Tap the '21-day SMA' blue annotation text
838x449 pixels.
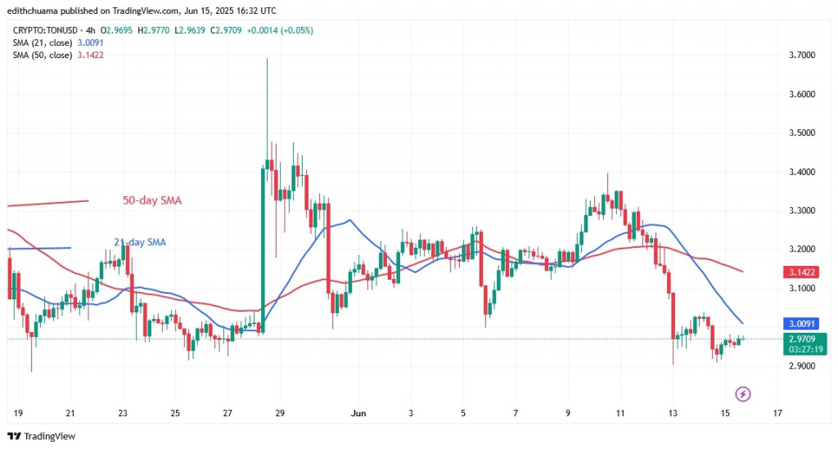(x=142, y=242)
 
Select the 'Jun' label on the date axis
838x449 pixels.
(x=357, y=415)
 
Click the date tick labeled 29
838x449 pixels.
(x=279, y=415)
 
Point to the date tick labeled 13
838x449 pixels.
(x=673, y=415)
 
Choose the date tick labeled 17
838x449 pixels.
(x=777, y=415)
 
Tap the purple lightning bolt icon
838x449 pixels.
(x=743, y=394)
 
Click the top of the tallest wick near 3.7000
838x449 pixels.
(x=267, y=59)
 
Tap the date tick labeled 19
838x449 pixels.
(x=17, y=415)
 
